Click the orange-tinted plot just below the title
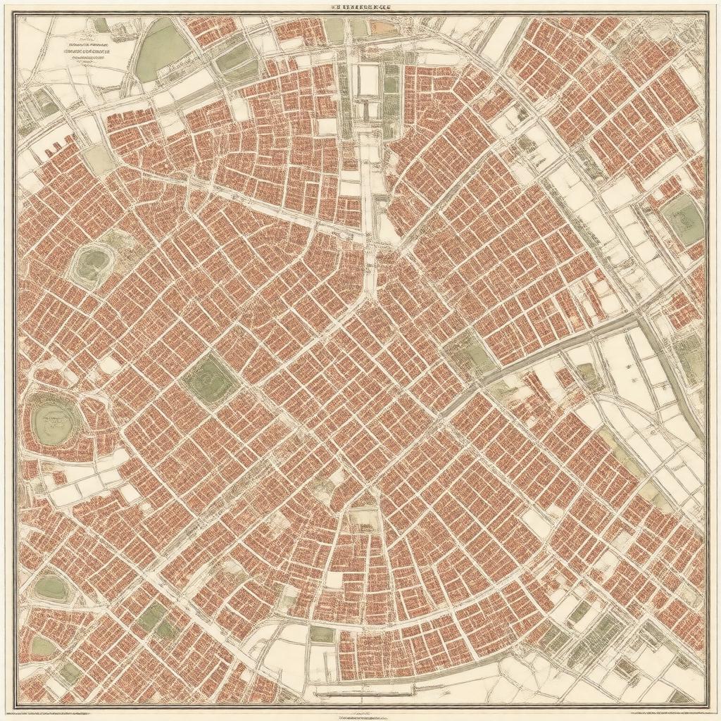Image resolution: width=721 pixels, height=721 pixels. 380,27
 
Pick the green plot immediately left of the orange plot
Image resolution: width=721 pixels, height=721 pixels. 359,27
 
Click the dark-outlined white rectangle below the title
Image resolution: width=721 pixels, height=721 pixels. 368,80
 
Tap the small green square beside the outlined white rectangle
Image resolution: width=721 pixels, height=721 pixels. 391,84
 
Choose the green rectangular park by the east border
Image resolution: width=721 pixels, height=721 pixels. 682,220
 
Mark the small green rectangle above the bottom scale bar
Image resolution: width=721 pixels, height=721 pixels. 322,634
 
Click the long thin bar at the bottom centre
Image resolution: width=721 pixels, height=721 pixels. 360,693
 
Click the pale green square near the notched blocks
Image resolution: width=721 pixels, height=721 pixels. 99,161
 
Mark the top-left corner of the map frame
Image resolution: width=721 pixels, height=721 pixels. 17,15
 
